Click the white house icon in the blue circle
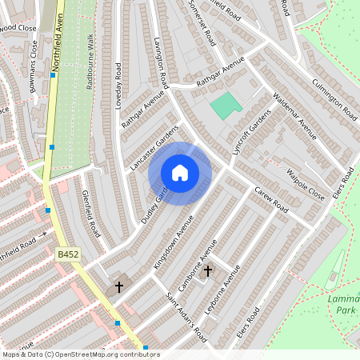tap(180, 173)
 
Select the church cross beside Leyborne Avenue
tap(208, 271)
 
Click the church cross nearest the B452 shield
tap(119, 286)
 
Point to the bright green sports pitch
tap(226, 106)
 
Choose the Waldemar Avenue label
tap(294, 121)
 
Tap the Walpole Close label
tap(306, 183)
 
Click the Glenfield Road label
tap(89, 213)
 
